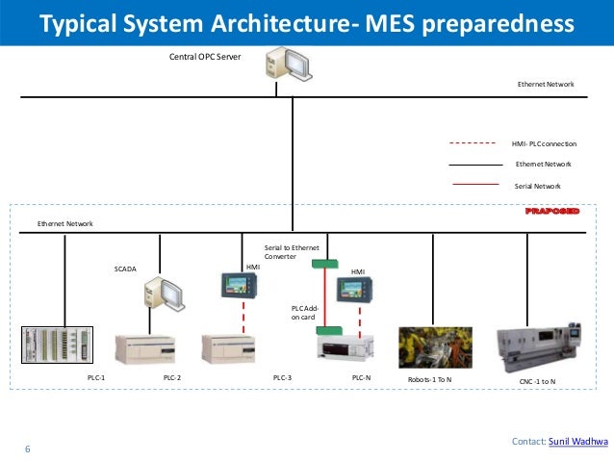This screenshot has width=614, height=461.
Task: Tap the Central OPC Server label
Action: [x=204, y=57]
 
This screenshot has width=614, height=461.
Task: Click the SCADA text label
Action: [x=126, y=269]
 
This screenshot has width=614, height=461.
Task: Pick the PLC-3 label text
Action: [x=282, y=379]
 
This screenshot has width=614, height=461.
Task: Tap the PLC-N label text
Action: [x=361, y=379]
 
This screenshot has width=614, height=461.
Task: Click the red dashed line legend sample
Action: [x=473, y=143]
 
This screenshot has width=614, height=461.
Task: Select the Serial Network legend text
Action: [x=538, y=185]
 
